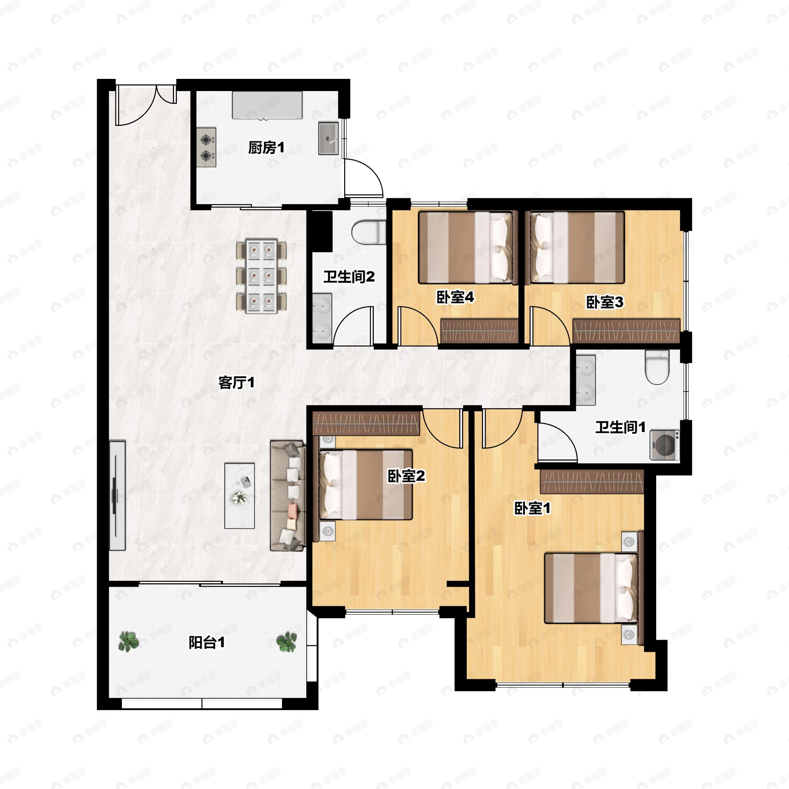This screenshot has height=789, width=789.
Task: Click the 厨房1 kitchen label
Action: [x=266, y=148]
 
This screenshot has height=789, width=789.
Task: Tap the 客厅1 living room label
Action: [x=236, y=383]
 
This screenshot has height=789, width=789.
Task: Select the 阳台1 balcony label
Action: [x=207, y=643]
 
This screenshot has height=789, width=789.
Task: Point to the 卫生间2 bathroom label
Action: [x=349, y=277]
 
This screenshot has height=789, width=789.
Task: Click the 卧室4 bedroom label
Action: [x=455, y=297]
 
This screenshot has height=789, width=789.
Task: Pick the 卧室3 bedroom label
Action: [x=605, y=302]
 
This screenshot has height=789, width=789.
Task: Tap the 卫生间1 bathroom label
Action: [x=620, y=427]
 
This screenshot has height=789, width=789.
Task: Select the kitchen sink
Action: [x=328, y=138]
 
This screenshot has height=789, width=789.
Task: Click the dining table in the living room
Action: [x=261, y=276]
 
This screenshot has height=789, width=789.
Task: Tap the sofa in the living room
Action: [x=288, y=496]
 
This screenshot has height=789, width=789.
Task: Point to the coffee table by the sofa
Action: [x=240, y=495]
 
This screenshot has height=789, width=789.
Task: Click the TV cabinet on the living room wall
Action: [x=117, y=496]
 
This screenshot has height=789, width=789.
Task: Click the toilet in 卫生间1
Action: [x=657, y=367]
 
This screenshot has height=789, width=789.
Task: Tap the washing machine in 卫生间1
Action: [x=665, y=445]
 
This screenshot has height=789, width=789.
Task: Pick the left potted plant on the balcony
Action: [x=129, y=642]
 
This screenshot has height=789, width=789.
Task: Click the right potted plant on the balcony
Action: [x=286, y=642]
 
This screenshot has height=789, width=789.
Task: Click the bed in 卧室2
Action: [x=366, y=485]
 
